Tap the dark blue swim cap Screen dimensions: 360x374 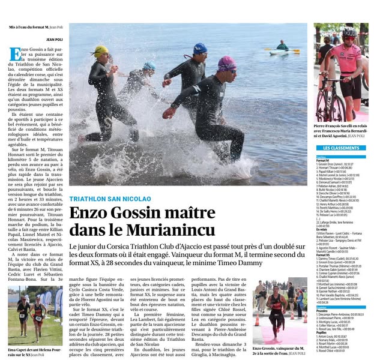200,48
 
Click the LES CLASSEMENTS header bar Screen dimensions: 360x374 341,148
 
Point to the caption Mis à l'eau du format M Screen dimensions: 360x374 35,28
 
